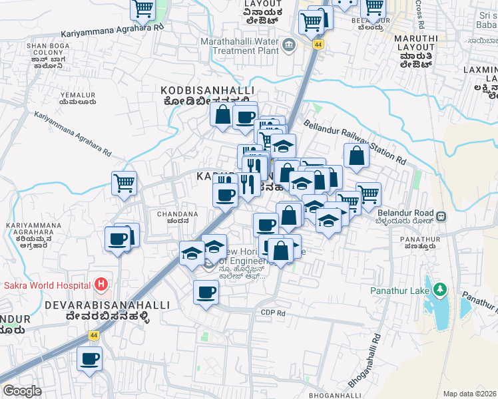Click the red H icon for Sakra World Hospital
101,285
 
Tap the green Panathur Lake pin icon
439,290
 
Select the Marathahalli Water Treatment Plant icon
289,45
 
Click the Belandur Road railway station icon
441,216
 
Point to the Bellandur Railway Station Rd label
354,142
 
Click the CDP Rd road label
273,313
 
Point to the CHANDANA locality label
177,214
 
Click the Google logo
22,391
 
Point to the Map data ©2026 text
469,394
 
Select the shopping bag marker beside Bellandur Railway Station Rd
357,155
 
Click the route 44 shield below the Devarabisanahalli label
94,336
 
